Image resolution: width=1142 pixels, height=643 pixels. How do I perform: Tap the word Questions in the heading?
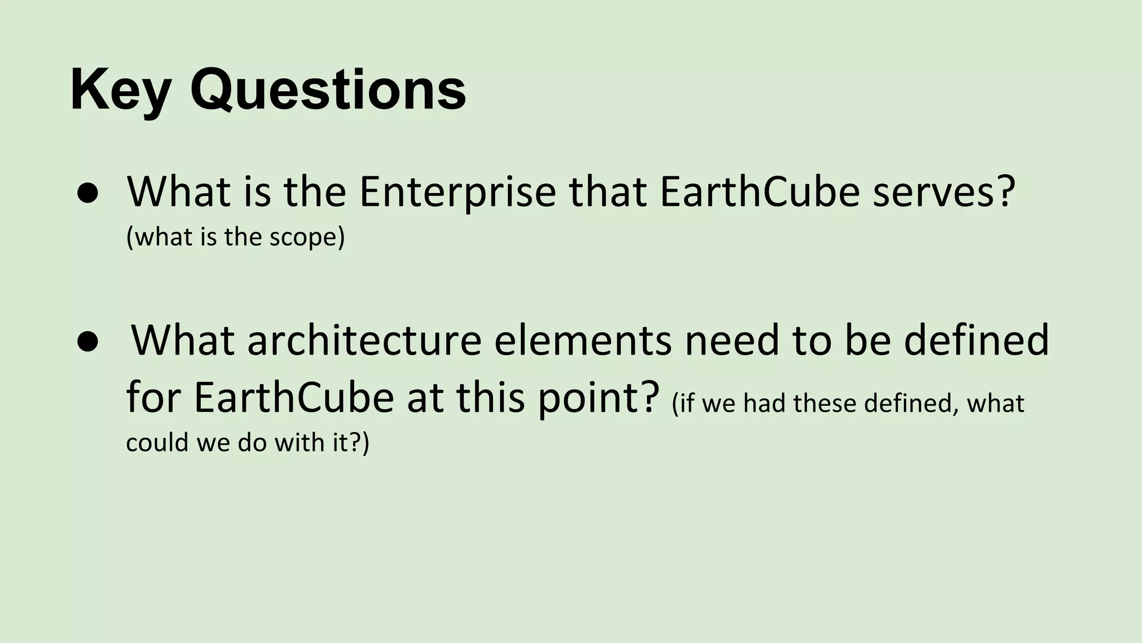328,89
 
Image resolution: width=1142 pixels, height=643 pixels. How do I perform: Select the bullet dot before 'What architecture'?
88,341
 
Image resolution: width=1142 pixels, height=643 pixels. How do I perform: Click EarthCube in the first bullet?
759,191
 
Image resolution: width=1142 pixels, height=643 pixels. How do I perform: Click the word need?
732,340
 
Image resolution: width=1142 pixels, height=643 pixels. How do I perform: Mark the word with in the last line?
299,443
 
